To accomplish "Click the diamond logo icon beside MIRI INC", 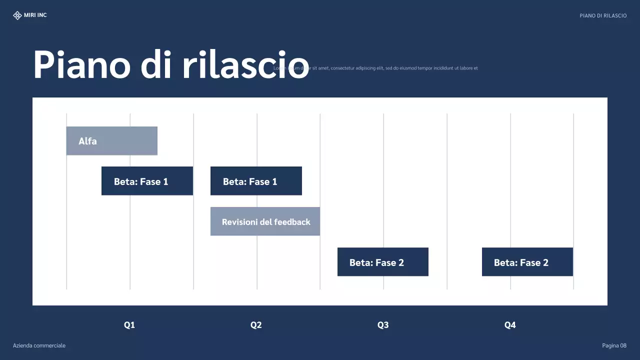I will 17,15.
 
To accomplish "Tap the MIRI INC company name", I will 35,15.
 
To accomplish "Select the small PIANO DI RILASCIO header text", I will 603,16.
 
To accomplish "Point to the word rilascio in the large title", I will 245,65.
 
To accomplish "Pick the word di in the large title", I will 155,65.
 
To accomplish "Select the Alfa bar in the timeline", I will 112,141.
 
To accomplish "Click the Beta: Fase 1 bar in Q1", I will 147,181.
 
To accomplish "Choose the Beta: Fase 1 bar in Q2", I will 256,181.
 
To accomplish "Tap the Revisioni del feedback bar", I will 265,221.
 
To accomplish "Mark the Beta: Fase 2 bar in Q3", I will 383,262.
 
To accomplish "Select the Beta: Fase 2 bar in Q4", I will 527,262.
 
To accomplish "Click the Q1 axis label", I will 129,325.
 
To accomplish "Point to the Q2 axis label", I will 256,325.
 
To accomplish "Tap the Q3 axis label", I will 383,325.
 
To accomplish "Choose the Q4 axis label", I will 510,325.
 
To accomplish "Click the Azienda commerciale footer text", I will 39,345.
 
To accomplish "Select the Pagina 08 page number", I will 614,345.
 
